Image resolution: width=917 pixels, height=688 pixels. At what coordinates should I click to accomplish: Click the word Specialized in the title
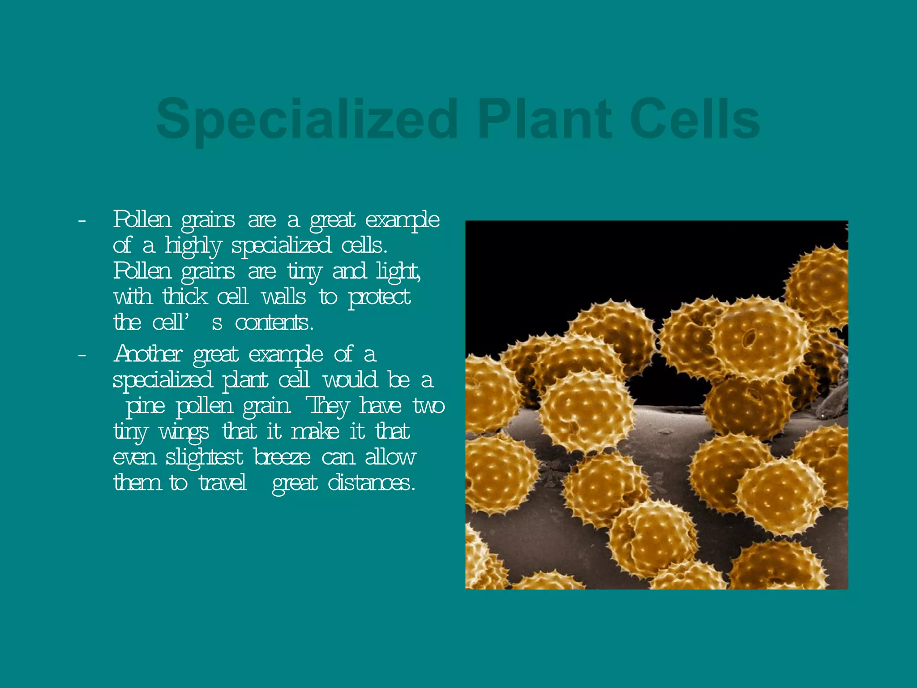pos(307,120)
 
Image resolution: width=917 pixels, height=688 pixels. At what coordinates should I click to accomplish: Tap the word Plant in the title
pos(544,119)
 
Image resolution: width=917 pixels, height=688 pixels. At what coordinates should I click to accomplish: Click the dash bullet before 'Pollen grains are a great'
pos(81,221)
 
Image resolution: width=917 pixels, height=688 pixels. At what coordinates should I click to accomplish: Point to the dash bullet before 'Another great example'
pos(81,356)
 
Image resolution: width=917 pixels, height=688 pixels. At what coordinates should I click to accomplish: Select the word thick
pos(185,297)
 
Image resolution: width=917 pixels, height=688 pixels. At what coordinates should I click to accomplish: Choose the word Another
pos(148,355)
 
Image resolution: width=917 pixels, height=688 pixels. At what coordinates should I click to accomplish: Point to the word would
pos(351,380)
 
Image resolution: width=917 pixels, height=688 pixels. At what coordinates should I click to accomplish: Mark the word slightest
pos(204,458)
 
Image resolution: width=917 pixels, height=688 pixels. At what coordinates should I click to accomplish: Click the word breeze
pos(282,458)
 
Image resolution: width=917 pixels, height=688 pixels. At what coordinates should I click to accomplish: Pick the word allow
pos(390,458)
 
